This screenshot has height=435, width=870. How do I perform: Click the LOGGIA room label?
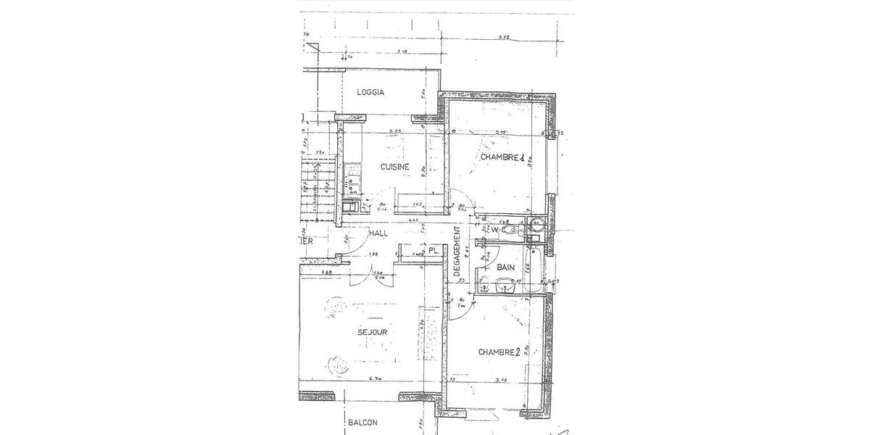pos(370,92)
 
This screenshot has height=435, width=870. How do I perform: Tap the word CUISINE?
pos(395,167)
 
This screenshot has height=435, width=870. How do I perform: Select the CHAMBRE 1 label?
pos(502,157)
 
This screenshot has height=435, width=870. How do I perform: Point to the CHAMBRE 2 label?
pos(500,352)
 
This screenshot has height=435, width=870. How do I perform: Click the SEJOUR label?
pos(373,332)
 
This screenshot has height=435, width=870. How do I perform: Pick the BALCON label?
pos(362,423)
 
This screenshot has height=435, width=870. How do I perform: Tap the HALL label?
pos(378,233)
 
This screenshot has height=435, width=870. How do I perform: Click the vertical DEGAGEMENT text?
pos(457,250)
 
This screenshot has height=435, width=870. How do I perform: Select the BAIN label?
pos(505,268)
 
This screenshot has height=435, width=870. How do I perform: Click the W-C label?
pos(497,231)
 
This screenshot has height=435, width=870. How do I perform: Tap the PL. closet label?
pos(433,250)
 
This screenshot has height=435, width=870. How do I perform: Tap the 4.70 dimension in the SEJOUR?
pos(375,378)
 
